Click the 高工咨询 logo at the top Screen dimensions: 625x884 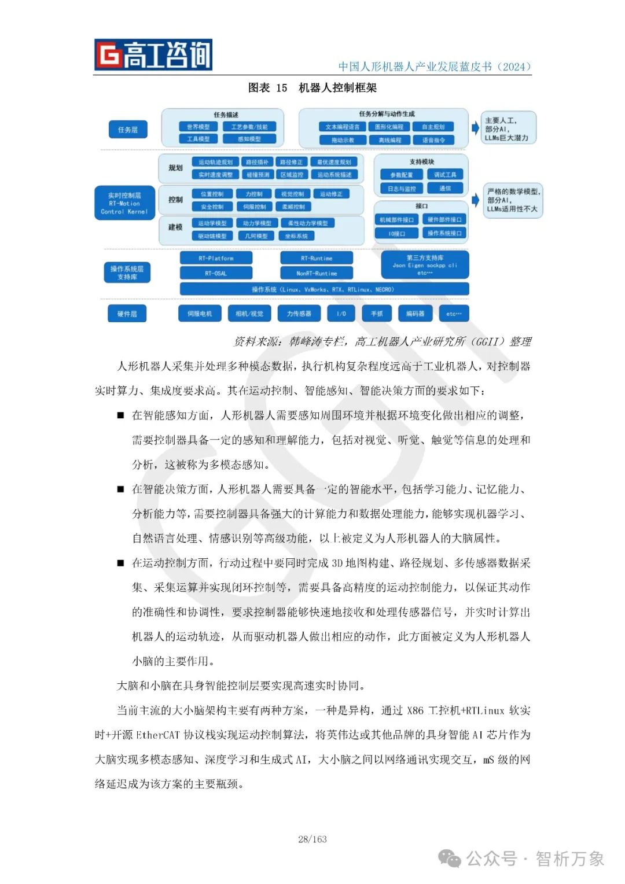coord(153,55)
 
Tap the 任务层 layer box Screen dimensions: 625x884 coord(128,130)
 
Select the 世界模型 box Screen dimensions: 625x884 coord(198,127)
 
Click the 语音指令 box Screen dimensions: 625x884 coord(433,140)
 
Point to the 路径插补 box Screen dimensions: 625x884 coord(257,162)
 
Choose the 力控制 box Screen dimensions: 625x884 coord(254,194)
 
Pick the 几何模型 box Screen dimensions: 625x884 coord(256,236)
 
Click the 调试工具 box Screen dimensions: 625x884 coord(445,174)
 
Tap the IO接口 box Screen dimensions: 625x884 coord(397,234)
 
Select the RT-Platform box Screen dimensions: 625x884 coord(216,258)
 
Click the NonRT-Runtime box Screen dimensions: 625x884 coord(317,273)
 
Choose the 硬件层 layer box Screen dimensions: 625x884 coord(127,314)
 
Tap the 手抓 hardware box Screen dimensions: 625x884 coord(377,314)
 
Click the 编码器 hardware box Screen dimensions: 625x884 coord(415,314)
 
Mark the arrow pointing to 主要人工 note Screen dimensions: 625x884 coord(476,127)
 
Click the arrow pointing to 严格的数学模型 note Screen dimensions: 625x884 coord(476,200)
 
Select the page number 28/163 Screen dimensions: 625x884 coord(312,839)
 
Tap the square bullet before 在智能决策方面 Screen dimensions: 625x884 coord(120,489)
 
